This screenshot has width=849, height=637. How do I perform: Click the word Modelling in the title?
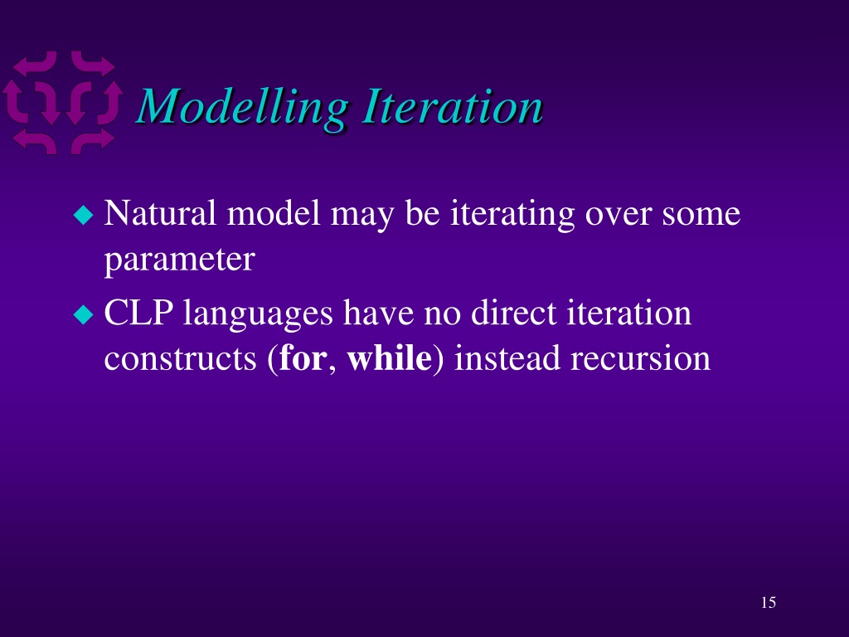pyautogui.click(x=242, y=108)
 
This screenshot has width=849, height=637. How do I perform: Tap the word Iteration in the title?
pyautogui.click(x=453, y=106)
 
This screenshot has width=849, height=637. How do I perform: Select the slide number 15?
pyautogui.click(x=769, y=602)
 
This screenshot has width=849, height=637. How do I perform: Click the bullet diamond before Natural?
pyautogui.click(x=84, y=215)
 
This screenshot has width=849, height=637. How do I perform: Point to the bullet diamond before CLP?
pyautogui.click(x=84, y=314)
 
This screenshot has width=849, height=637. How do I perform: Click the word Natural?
pyautogui.click(x=160, y=213)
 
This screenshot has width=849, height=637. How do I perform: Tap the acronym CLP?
pyautogui.click(x=138, y=313)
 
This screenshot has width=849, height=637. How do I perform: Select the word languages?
pyautogui.click(x=258, y=315)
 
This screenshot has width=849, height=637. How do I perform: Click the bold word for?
pyautogui.click(x=303, y=358)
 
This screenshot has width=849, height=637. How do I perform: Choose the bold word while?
pyautogui.click(x=390, y=358)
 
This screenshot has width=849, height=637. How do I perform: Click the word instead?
pyautogui.click(x=507, y=358)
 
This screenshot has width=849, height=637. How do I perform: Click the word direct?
pyautogui.click(x=513, y=313)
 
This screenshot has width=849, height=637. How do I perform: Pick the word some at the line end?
pyautogui.click(x=701, y=216)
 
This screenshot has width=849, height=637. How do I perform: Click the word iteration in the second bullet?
pyautogui.click(x=628, y=313)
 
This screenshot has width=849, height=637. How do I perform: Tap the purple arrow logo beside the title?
pyautogui.click(x=61, y=102)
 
